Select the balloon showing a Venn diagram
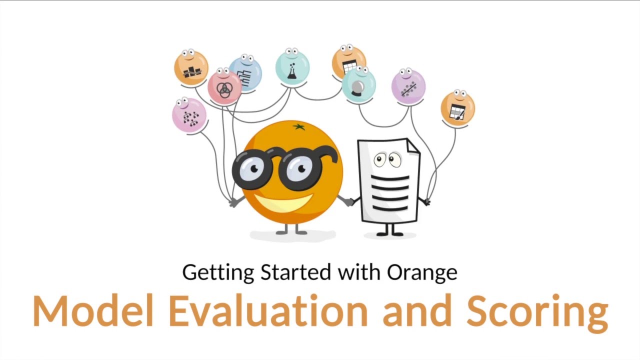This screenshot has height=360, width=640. click(x=224, y=87)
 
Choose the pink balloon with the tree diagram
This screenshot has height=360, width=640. click(x=189, y=115)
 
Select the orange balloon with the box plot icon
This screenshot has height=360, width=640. click(x=191, y=68)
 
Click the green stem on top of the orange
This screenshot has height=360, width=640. click(x=298, y=127)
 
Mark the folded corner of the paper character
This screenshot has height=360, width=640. click(x=411, y=147)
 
